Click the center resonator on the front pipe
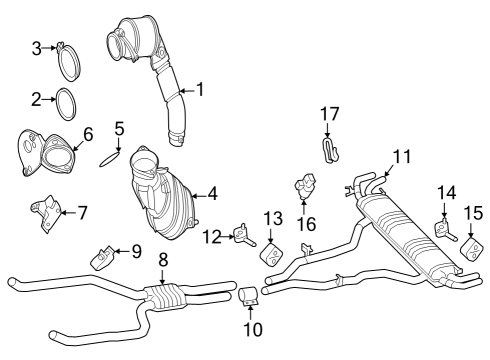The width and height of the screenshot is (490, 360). [x=164, y=296]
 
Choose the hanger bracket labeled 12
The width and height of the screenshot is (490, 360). [x=243, y=235]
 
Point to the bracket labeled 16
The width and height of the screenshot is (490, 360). [x=306, y=187]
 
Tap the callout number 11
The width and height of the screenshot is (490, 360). [x=402, y=156]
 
